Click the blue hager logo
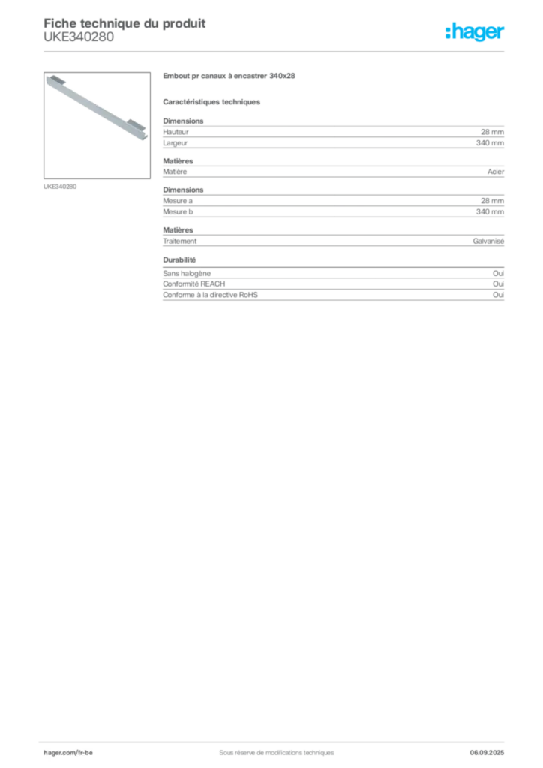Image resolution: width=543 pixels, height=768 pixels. [475, 33]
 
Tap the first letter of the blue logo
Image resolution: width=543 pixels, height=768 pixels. [448, 33]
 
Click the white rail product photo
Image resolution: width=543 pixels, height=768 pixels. [95, 106]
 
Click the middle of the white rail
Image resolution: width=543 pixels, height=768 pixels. [95, 106]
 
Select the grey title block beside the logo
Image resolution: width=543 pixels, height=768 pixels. [124, 28]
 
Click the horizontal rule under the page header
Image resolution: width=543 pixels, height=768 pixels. [276, 51]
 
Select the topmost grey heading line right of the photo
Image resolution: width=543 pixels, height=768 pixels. [231, 76]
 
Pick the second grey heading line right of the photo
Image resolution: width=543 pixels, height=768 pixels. [212, 101]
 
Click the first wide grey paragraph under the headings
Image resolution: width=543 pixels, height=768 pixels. [333, 135]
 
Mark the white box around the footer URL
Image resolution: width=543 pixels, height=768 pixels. [83, 751]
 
